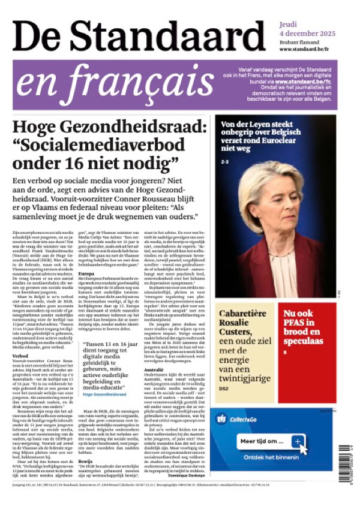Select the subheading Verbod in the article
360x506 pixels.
[x=20, y=355]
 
